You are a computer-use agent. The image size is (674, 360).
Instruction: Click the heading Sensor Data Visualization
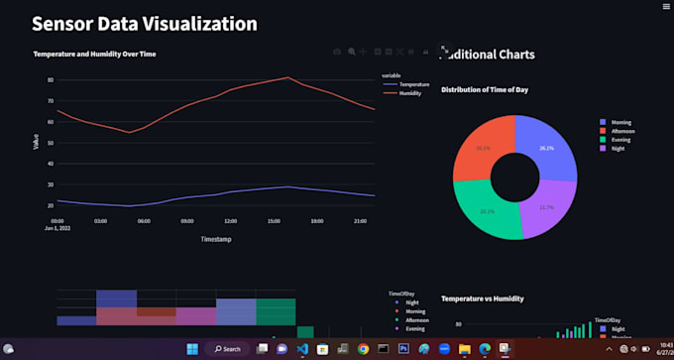point(145,24)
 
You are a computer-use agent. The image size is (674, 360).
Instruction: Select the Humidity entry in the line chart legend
point(410,93)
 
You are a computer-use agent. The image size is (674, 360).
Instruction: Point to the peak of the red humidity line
point(287,77)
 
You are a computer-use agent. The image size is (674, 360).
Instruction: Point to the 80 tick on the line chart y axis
point(50,80)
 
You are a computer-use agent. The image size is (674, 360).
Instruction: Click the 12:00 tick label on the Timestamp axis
point(231,220)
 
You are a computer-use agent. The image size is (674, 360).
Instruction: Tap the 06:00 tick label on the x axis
point(144,220)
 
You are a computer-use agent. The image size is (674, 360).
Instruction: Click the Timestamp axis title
point(216,239)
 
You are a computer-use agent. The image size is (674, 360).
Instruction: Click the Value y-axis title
point(37,142)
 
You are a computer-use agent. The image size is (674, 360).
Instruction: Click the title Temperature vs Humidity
point(483,298)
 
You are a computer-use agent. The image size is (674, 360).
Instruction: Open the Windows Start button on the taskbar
point(191,349)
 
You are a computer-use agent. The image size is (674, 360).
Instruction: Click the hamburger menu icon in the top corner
point(665,6)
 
